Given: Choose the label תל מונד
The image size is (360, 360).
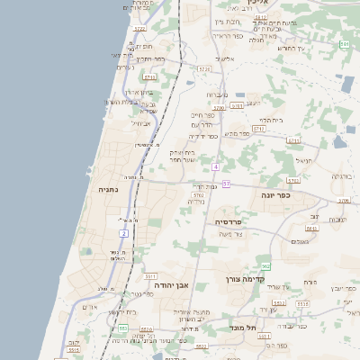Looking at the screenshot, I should [x=243, y=328].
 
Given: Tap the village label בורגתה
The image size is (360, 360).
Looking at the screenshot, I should [x=341, y=176].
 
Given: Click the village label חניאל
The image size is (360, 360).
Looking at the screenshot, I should [x=303, y=161].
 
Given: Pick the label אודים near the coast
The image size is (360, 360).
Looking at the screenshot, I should [x=90, y=307].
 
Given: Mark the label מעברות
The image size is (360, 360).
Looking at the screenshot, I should [x=217, y=94].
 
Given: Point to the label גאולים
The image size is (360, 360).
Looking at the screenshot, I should [x=301, y=241].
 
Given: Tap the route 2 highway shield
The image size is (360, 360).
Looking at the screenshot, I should [x=124, y=234].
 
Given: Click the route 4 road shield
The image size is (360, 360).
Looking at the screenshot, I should [x=216, y=167].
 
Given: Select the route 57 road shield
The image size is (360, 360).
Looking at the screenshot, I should [x=227, y=184].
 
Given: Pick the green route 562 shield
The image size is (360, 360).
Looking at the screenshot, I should [x=265, y=266].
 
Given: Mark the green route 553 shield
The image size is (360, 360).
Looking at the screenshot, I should [x=121, y=328].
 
